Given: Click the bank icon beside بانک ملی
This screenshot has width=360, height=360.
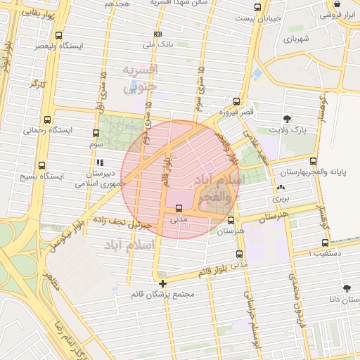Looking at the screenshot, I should point(158,34).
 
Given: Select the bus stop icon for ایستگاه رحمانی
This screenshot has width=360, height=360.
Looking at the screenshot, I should point(47,120).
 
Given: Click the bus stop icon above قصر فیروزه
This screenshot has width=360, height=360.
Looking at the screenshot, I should point(236,102).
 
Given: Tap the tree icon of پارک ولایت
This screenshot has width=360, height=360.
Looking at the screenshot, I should point(286,119).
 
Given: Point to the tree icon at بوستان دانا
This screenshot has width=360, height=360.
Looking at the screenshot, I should point(346,288).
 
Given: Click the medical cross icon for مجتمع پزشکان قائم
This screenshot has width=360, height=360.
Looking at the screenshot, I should point(163,284).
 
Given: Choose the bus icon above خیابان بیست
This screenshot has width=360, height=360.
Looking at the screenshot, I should point(257,8).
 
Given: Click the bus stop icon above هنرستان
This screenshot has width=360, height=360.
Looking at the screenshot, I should point(231,220).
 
